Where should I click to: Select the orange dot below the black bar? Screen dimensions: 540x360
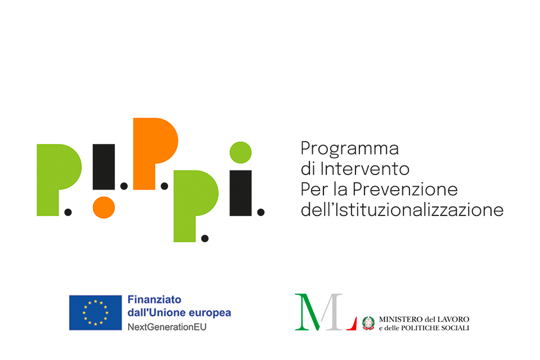pos(103,208)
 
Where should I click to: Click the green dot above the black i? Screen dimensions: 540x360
pos(241,152)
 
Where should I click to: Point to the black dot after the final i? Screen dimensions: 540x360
pos(260,212)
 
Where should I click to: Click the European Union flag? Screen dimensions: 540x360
pos(96,313)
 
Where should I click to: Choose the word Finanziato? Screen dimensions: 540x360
pos(154,299)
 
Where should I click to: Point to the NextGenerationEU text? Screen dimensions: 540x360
pos(167,327)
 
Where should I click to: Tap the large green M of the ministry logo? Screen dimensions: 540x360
pos(308,312)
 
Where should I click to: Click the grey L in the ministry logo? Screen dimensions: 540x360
pos(332,312)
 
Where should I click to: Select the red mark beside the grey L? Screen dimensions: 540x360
pos(353,324)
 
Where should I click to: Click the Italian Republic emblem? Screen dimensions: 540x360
pos(368,323)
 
